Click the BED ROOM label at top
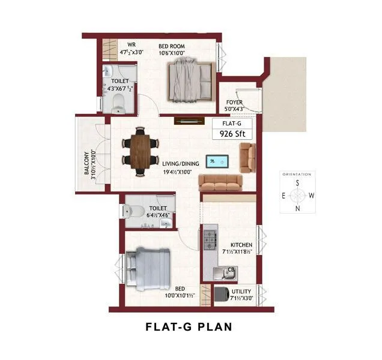(171, 46)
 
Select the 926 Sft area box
(231, 135)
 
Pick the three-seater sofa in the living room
(219, 182)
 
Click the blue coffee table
(216, 161)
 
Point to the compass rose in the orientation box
(296, 196)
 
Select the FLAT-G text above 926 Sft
(231, 124)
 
